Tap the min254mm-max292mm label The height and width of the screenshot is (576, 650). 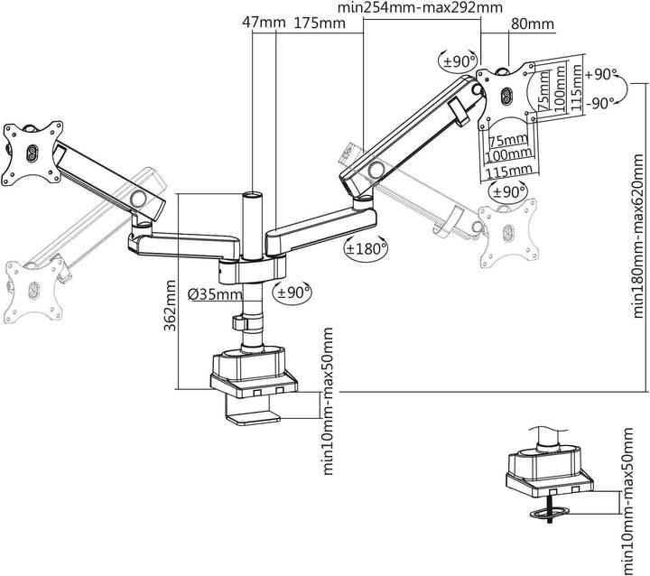[419, 9]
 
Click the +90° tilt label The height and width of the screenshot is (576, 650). [599, 75]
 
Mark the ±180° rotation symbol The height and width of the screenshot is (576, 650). [367, 246]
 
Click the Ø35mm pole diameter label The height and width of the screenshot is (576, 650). [215, 293]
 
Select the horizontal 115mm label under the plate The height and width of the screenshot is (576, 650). [507, 171]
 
